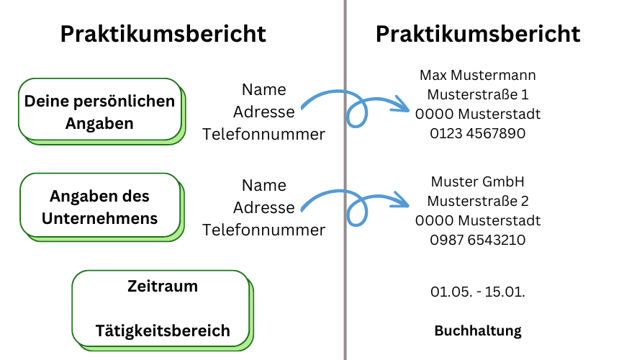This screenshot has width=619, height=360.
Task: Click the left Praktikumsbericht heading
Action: (x=163, y=34)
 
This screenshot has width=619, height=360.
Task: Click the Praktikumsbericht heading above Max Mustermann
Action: (x=478, y=34)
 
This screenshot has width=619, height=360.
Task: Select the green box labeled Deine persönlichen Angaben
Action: (x=102, y=112)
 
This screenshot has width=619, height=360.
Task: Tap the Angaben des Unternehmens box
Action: (x=102, y=207)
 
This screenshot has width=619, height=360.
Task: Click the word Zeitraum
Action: (x=163, y=286)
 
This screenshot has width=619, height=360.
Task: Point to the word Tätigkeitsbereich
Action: (x=163, y=330)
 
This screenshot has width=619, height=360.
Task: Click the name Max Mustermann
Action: (x=478, y=75)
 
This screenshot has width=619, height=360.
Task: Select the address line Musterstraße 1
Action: (x=478, y=94)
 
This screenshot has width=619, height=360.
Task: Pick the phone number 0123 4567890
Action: (x=478, y=133)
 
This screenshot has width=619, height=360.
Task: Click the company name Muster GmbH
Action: (x=478, y=181)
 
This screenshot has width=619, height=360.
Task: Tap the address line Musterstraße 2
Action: (x=478, y=201)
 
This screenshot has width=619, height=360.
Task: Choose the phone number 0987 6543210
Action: (x=478, y=240)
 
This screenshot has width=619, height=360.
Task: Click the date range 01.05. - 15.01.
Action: (x=478, y=292)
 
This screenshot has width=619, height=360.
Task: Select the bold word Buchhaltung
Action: (x=478, y=330)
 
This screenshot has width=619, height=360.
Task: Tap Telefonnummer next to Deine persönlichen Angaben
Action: (x=263, y=134)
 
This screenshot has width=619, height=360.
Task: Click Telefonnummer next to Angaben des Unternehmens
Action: (x=263, y=230)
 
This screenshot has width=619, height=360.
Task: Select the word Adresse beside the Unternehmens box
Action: (x=263, y=207)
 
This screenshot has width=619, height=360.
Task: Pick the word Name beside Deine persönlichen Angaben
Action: (x=263, y=89)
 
